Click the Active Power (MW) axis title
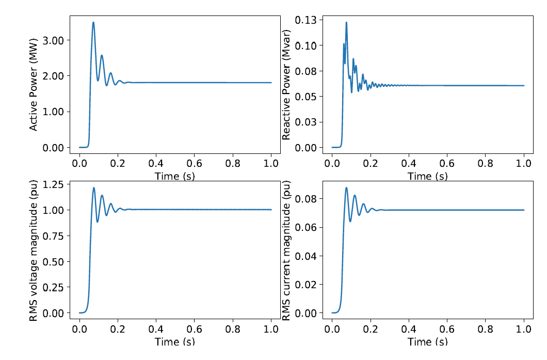point(34,85)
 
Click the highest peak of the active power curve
point(93,22)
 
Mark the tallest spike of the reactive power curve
point(346,22)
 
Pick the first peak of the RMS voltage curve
point(94,188)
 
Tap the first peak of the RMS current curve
point(346,187)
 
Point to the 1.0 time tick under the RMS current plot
point(524,328)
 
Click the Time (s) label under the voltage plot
point(175,341)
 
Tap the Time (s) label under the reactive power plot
point(428,176)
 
